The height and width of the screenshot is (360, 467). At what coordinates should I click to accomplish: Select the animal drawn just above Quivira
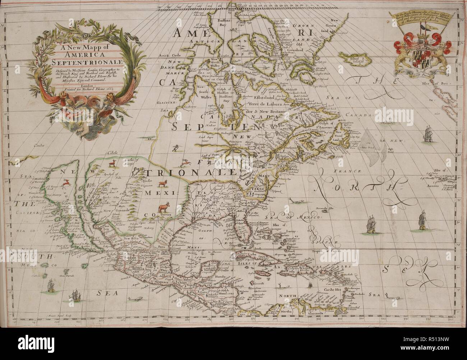coord(164,207)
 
